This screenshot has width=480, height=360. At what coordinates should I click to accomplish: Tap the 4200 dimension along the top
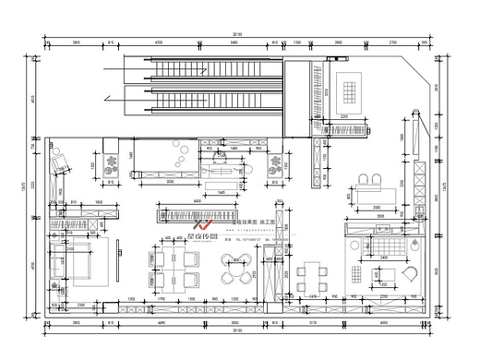[x=158, y=42]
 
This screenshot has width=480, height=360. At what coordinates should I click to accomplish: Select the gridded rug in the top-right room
[x=350, y=90]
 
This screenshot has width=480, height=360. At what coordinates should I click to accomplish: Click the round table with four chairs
[x=231, y=273]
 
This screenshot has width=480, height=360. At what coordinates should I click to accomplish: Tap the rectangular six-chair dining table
[x=315, y=274]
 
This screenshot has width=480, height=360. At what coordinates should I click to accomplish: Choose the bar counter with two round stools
[x=370, y=190]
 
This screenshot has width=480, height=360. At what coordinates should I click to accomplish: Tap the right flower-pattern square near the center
[x=273, y=165]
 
